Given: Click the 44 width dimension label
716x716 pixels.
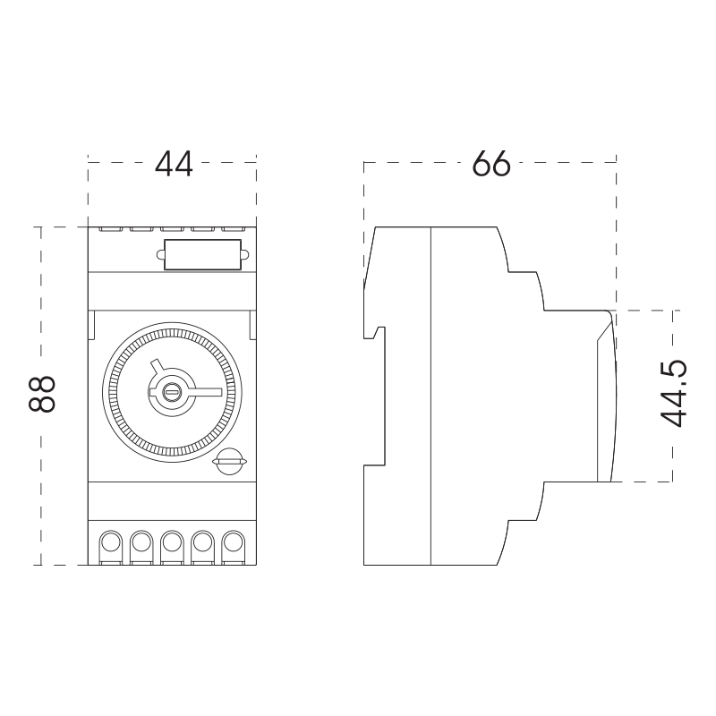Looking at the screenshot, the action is [174, 164].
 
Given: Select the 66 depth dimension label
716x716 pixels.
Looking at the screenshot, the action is [491, 164].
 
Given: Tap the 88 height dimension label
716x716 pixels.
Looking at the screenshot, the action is [42, 394].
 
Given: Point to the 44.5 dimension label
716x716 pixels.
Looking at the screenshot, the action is [674, 394].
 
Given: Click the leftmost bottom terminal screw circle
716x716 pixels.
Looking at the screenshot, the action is [110, 542].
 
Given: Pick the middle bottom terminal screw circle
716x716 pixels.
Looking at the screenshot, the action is [172, 542].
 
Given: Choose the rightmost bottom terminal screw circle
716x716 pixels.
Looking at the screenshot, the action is [234, 542].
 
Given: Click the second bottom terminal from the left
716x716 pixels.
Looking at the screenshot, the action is [141, 542].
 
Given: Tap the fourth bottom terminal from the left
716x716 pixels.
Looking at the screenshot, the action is [203, 542].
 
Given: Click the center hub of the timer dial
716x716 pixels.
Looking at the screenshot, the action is [172, 392].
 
